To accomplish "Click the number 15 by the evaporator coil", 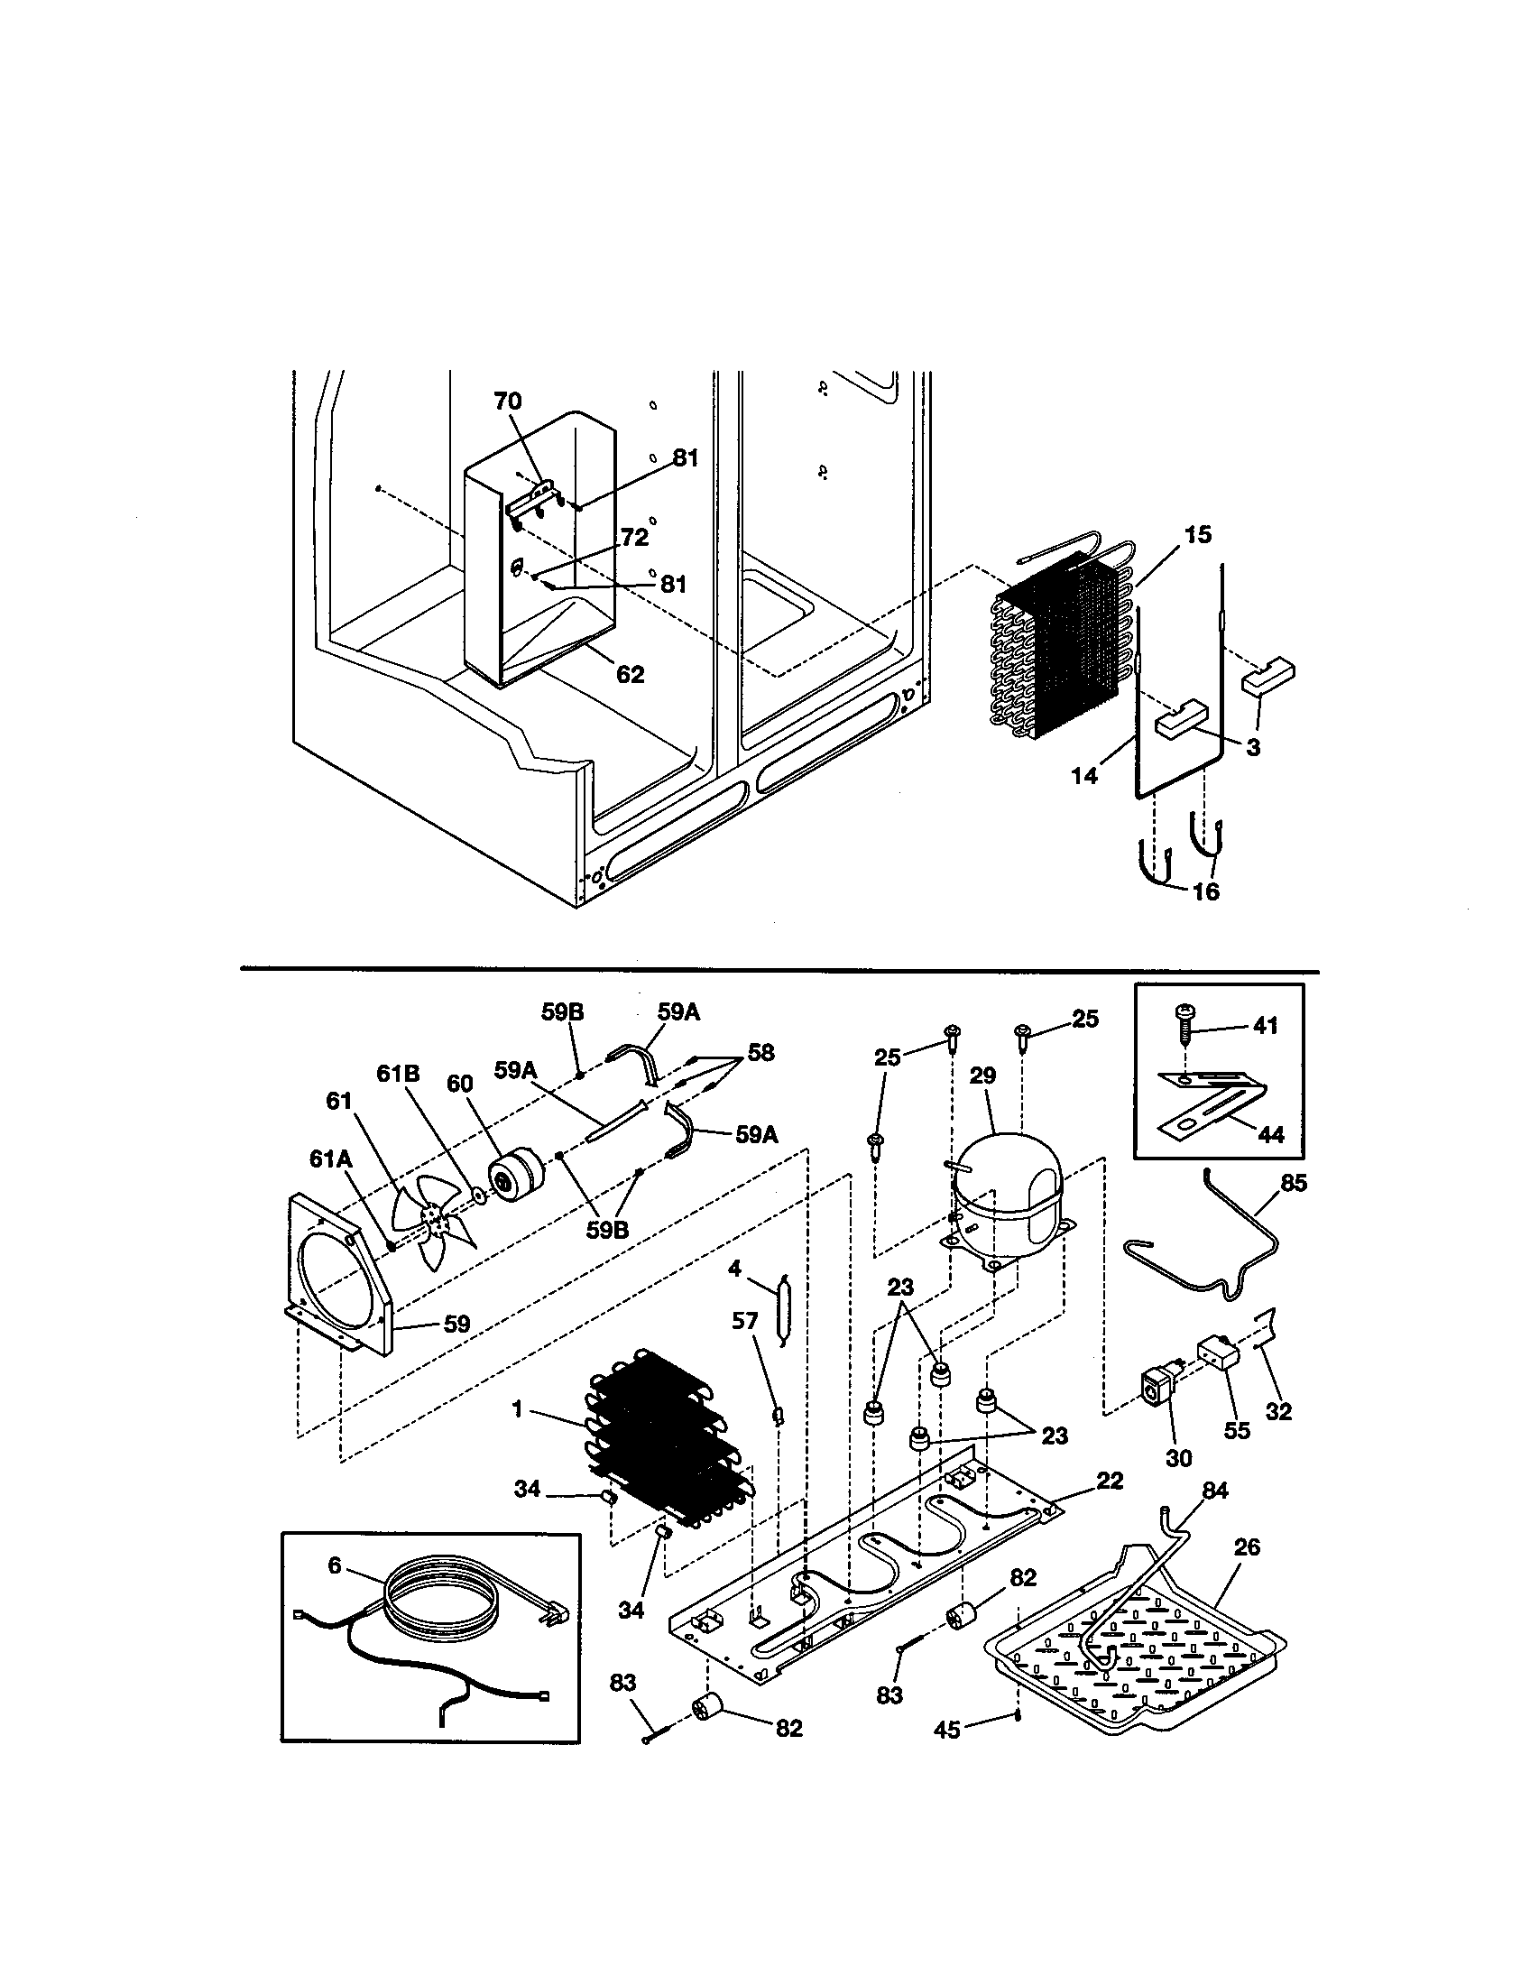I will pyautogui.click(x=1197, y=534).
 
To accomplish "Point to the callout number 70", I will pyautogui.click(x=508, y=401).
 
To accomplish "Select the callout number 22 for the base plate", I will pyautogui.click(x=1110, y=1481).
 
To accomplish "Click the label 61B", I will pyautogui.click(x=398, y=1074).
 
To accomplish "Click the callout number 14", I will pyautogui.click(x=1084, y=775).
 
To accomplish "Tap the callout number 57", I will pyautogui.click(x=745, y=1321).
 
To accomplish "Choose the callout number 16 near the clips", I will pyautogui.click(x=1204, y=891).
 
